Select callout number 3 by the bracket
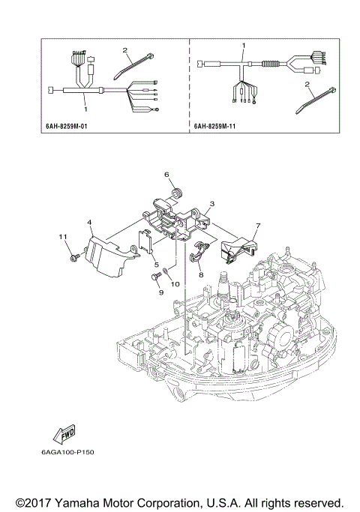click(x=213, y=203)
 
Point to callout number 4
click(x=89, y=223)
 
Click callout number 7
click(x=257, y=226)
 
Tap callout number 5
click(x=156, y=265)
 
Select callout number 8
click(x=201, y=275)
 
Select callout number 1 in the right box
click(x=243, y=46)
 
